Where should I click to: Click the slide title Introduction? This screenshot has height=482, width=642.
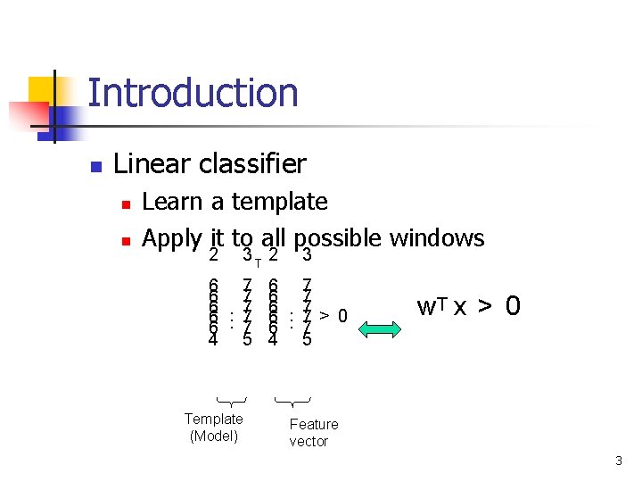tap(193, 94)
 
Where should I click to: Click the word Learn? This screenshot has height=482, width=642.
tap(173, 202)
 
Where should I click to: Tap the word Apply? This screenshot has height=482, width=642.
tap(172, 239)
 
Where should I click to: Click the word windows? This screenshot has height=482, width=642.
tap(437, 237)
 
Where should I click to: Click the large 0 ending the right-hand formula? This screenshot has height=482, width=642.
tap(513, 307)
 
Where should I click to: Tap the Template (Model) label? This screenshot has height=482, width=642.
tap(213, 427)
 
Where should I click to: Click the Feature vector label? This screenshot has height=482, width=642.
tap(313, 432)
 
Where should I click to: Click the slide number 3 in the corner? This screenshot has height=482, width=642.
tap(618, 461)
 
